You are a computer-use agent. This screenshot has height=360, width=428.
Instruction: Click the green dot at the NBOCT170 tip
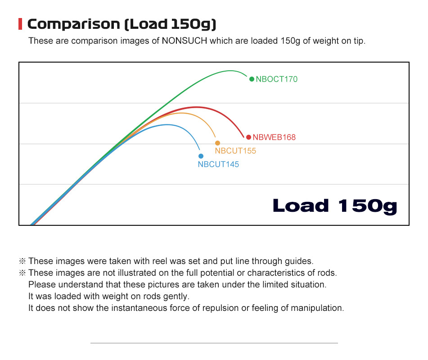coord(252,79)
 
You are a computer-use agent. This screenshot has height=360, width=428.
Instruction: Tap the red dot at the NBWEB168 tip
coord(248,137)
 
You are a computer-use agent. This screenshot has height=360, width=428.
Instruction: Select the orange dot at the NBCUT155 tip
coord(217,143)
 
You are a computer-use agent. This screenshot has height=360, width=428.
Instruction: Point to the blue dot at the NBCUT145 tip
coord(201,156)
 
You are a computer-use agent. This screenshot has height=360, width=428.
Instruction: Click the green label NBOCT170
coord(277,79)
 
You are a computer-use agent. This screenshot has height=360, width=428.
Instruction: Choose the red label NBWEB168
coord(274,137)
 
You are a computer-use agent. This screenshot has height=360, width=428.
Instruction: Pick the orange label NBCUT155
coord(235,151)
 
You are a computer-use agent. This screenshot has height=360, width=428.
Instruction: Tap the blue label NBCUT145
coord(218,164)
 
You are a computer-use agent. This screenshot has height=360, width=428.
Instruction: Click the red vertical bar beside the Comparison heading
coord(20,24)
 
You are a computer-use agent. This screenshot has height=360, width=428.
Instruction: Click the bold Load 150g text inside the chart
coord(335,206)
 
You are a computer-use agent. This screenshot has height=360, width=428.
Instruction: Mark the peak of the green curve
coord(230,71)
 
